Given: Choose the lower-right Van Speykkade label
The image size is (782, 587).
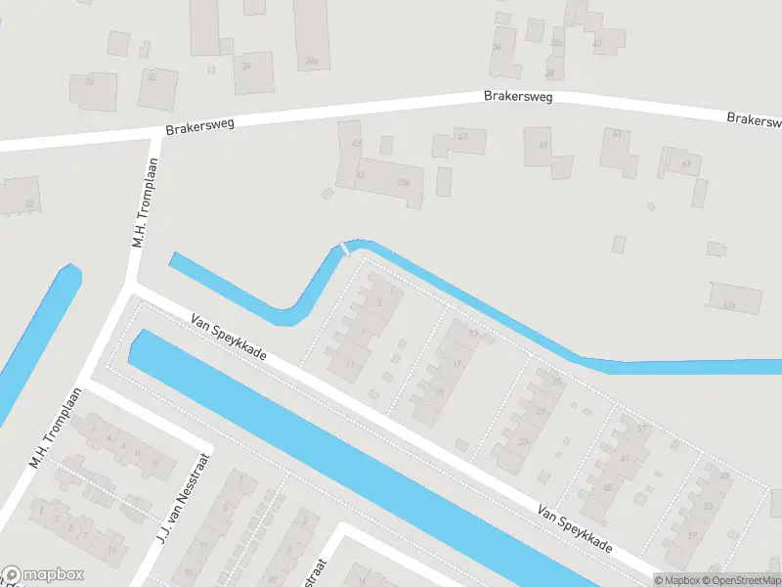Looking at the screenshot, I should [x=575, y=529].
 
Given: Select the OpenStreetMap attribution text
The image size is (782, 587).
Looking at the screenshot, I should [x=747, y=580].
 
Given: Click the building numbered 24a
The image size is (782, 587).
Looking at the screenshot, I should [x=312, y=34].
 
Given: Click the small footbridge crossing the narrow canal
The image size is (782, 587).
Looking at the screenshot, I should [x=343, y=248].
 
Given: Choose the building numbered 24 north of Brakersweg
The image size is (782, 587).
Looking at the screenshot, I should [x=253, y=71].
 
